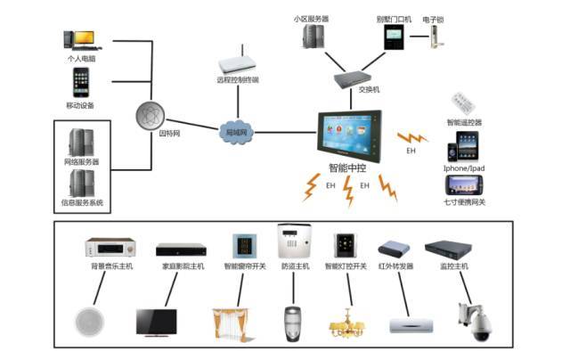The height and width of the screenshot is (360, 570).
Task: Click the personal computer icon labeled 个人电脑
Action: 79,40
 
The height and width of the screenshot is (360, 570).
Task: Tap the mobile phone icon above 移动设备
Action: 79,83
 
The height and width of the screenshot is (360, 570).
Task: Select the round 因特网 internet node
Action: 151,116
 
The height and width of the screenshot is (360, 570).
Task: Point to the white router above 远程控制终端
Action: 238,63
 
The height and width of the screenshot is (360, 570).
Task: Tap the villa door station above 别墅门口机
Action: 394,36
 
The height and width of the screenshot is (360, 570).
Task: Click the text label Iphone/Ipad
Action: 465,169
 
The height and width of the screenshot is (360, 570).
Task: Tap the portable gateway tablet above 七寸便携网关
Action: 466,185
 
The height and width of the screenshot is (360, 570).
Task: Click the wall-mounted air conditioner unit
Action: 410,326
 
